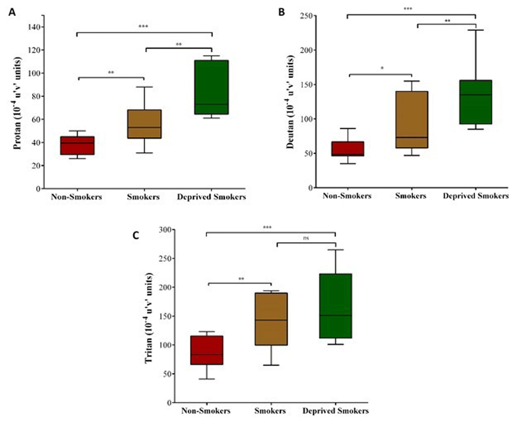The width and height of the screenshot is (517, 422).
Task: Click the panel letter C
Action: [135, 236]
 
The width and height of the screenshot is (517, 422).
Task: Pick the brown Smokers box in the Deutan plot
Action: [412, 119]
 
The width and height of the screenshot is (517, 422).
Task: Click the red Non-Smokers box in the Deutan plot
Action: [347, 148]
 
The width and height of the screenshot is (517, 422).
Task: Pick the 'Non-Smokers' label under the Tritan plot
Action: [206, 411]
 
